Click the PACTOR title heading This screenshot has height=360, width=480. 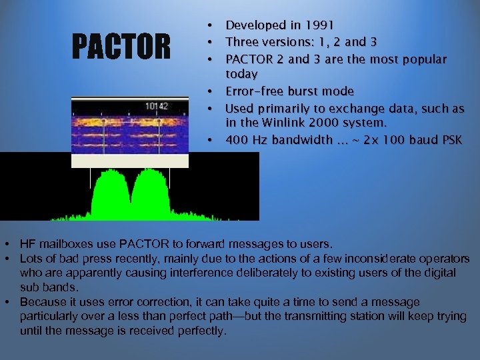click(x=121, y=47)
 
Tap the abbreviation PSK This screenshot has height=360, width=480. click(x=449, y=140)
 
